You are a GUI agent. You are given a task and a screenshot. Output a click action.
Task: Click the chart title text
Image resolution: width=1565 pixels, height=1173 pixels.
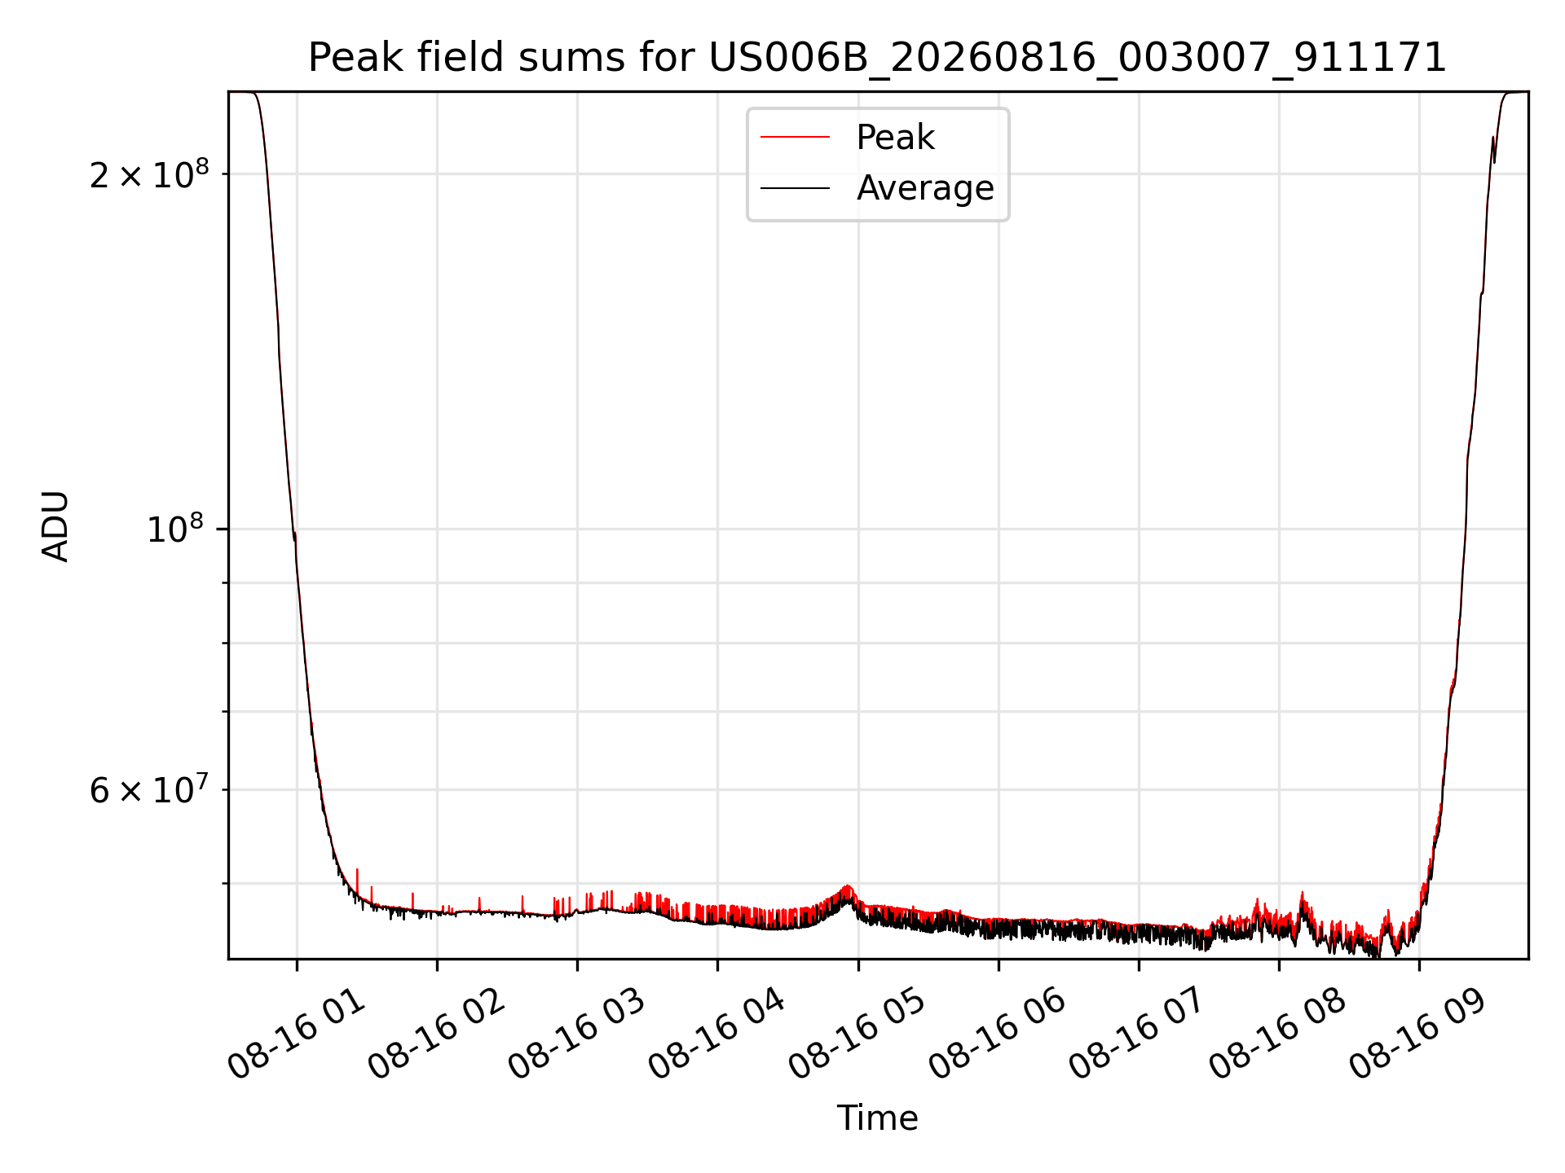pos(877,58)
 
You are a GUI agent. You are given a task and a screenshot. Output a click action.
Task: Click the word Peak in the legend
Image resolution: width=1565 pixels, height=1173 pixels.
pos(895,138)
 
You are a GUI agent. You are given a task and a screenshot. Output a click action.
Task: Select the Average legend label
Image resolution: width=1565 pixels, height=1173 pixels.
pos(925,188)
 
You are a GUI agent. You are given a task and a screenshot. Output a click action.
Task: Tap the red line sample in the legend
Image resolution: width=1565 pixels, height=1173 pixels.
pos(795,138)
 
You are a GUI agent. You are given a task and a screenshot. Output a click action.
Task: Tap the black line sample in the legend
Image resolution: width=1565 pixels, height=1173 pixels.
pos(795,188)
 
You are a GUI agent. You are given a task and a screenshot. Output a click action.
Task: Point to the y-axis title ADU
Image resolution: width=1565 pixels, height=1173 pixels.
pos(55,526)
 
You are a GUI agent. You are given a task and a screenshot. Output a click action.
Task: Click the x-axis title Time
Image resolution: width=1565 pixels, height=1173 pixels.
pos(878,1118)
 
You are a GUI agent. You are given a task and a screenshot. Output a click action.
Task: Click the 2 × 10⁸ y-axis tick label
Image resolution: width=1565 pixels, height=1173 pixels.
pos(149,174)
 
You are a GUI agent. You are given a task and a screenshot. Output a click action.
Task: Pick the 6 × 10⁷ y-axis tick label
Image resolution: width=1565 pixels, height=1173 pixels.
pos(149,789)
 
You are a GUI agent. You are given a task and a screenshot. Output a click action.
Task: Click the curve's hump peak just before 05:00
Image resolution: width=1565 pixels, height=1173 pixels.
pos(848,886)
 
